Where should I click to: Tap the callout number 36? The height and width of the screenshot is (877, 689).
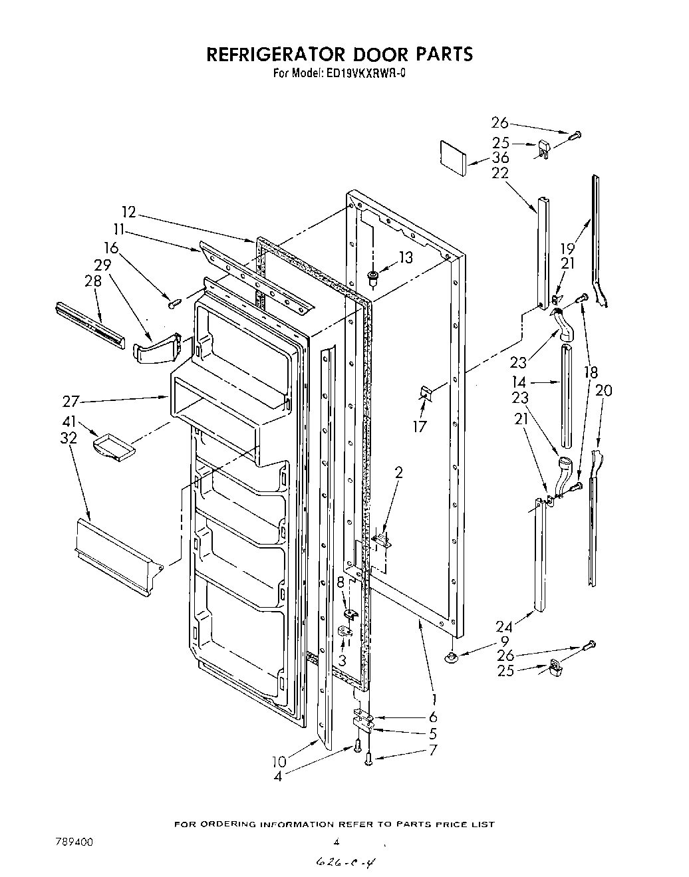click(x=500, y=158)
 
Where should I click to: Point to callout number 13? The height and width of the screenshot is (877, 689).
click(x=405, y=258)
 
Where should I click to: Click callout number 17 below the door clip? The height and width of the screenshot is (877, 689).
click(x=419, y=426)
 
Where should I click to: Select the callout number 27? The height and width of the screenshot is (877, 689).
click(x=71, y=402)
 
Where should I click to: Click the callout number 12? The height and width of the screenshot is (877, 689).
click(x=128, y=212)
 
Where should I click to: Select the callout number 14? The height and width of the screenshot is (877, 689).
click(x=519, y=382)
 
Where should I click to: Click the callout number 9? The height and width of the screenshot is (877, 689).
click(x=504, y=642)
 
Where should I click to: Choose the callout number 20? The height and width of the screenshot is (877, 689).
click(x=603, y=391)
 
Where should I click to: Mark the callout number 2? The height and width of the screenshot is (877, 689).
click(x=398, y=473)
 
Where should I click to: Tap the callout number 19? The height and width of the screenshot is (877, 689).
click(x=567, y=249)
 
